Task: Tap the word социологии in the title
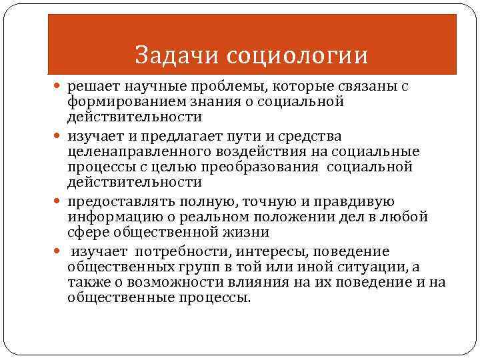[297, 55]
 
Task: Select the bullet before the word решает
[60, 87]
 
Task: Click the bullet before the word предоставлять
[60, 202]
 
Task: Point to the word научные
[149, 87]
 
